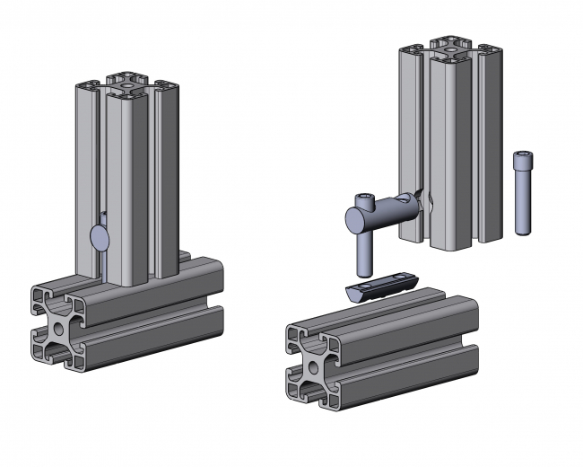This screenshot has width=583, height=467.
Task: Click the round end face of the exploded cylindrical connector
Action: tap(352, 216)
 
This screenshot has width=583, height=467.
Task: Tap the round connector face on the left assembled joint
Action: tap(100, 237)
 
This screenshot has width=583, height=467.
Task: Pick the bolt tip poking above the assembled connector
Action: tap(105, 216)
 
